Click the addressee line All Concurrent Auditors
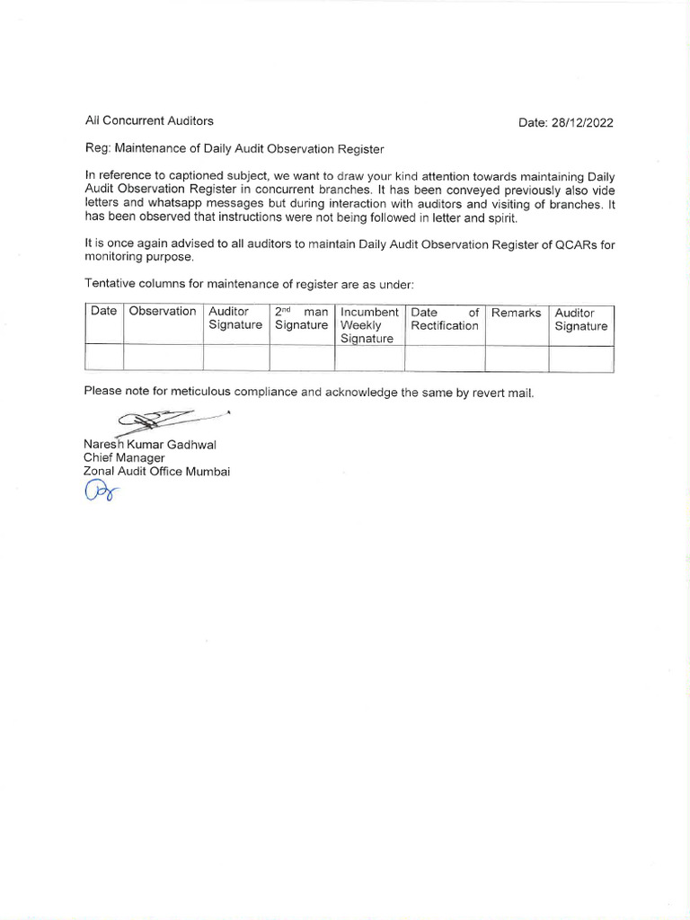[149, 120]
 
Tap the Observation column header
[163, 312]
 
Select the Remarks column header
[517, 313]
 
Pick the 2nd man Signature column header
[302, 319]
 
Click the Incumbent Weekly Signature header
[369, 325]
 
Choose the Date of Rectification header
[445, 319]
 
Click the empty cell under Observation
[163, 358]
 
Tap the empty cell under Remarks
[517, 358]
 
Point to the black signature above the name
[171, 419]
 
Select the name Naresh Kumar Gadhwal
[150, 444]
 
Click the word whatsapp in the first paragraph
[179, 204]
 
